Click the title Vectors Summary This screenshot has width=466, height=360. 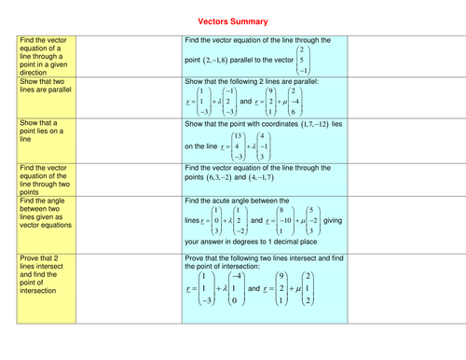click(232, 20)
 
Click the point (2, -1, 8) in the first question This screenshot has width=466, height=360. click(221, 61)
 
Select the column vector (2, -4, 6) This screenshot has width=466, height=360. click(293, 102)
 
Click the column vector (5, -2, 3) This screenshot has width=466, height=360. click(311, 220)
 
